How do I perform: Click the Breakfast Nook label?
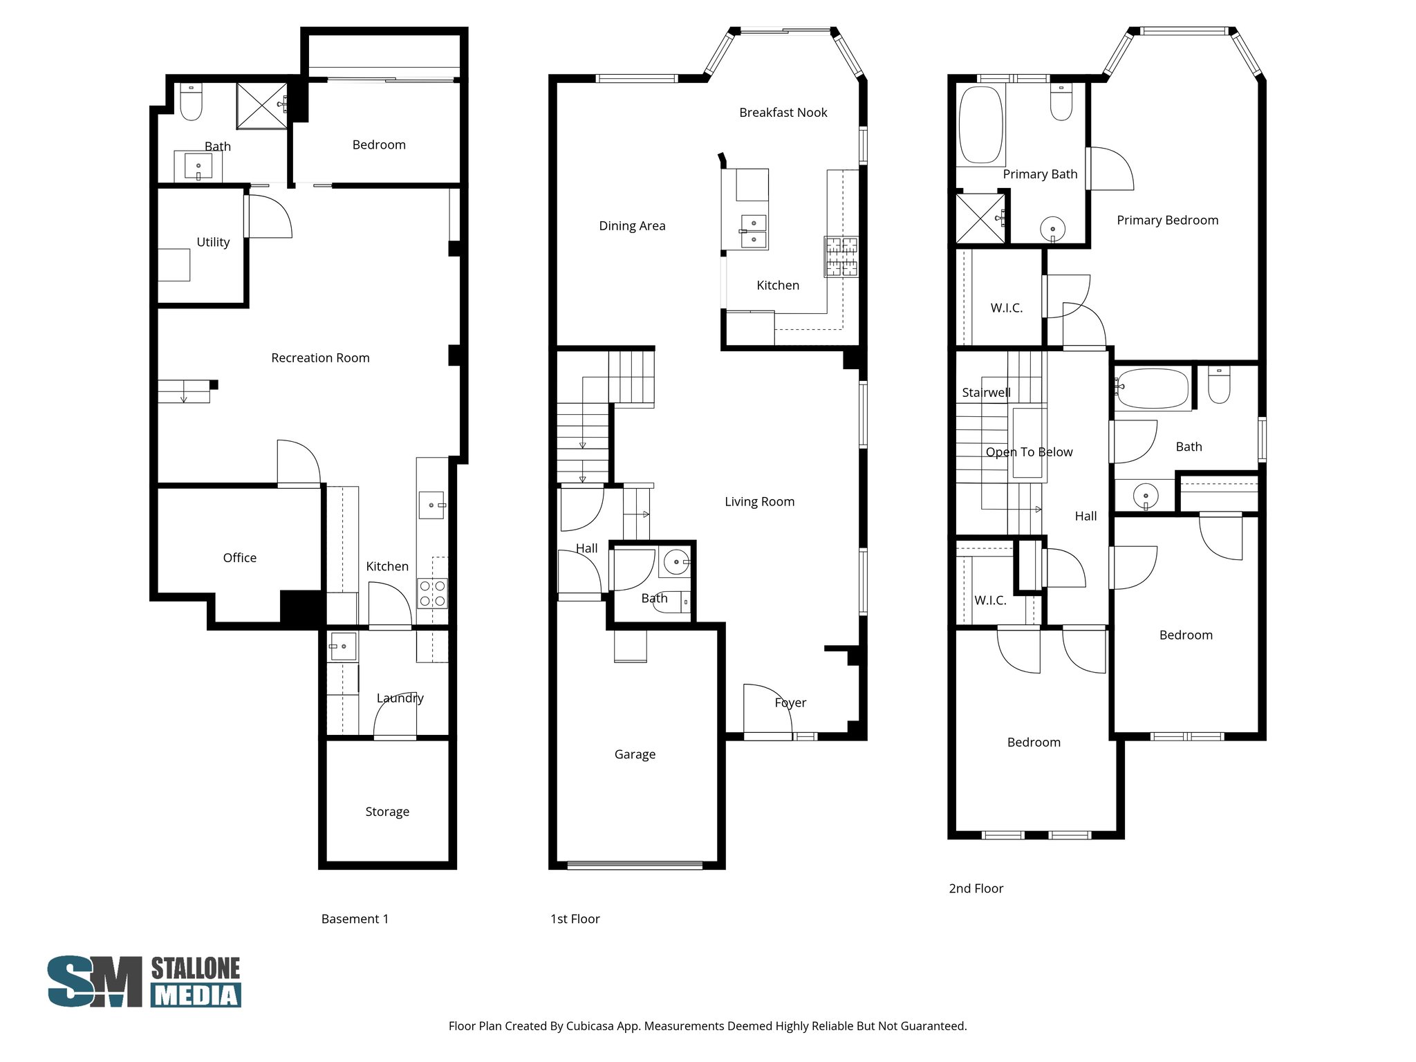[783, 113]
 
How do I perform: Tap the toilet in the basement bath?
[191, 102]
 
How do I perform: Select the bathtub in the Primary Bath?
[980, 124]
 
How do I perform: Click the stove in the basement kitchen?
[432, 593]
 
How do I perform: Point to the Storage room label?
[387, 812]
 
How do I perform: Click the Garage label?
[635, 754]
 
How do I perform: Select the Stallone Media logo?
[145, 981]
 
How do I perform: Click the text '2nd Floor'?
[976, 888]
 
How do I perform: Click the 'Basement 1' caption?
[355, 919]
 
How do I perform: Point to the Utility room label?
[213, 242]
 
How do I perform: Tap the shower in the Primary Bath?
[980, 218]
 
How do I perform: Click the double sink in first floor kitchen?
[753, 231]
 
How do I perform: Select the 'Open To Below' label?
[1029, 452]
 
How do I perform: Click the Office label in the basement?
[239, 558]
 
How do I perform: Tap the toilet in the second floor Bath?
[1219, 386]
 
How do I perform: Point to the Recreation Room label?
[320, 358]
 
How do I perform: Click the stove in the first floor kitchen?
[841, 257]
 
